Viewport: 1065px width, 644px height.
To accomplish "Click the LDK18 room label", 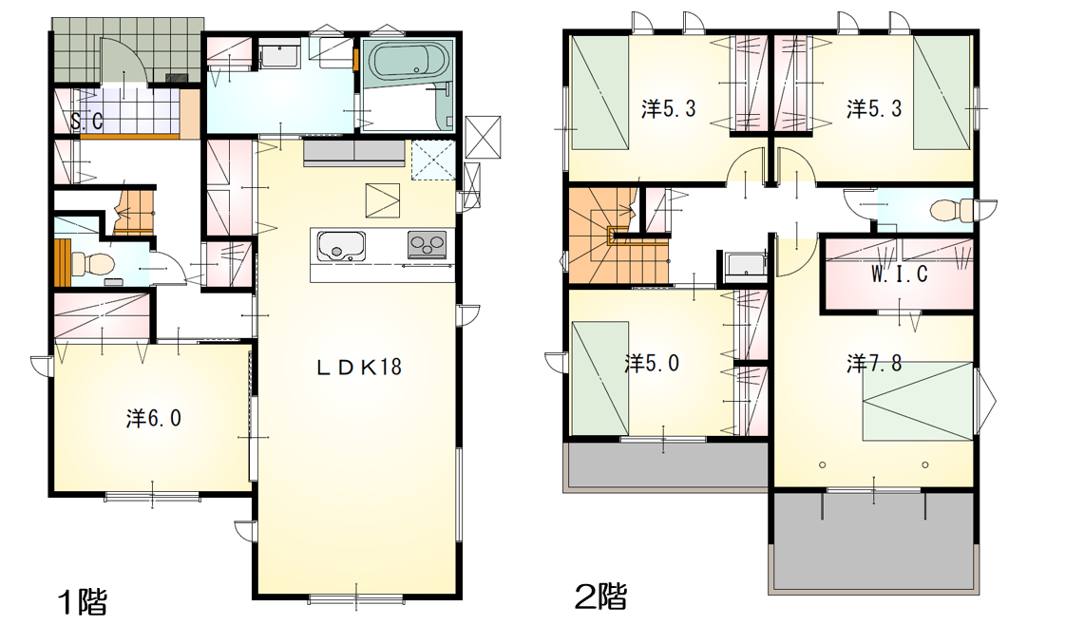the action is [x=359, y=368].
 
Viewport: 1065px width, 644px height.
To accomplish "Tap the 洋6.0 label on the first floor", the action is [x=154, y=419].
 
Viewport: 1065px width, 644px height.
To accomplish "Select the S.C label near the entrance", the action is [x=87, y=121].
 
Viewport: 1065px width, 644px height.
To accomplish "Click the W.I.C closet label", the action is [x=900, y=274].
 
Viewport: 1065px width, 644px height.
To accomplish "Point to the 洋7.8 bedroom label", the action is [x=874, y=364].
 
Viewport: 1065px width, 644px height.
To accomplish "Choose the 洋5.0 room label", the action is [x=652, y=364].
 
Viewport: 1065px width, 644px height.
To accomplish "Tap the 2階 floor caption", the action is [x=600, y=597].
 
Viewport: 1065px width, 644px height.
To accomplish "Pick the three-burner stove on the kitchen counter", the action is [x=428, y=244].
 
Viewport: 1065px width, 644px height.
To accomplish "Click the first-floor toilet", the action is [x=86, y=263].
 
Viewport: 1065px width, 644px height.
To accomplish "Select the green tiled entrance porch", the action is [x=127, y=50].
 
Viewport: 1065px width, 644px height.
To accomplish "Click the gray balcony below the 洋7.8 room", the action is [x=875, y=540].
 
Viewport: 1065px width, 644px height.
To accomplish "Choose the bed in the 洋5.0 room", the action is [x=599, y=378].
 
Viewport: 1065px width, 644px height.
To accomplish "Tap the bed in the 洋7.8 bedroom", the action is [x=919, y=401].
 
